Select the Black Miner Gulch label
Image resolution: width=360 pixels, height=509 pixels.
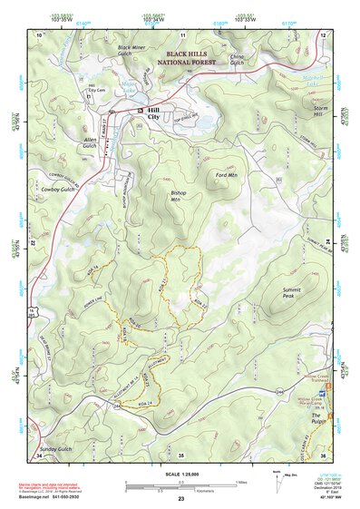pos(135,50)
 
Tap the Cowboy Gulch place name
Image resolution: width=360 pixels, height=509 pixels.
pos(56,190)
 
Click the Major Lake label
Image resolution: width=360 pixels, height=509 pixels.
pos(131,90)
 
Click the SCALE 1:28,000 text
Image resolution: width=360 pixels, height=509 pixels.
pos(180,473)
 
